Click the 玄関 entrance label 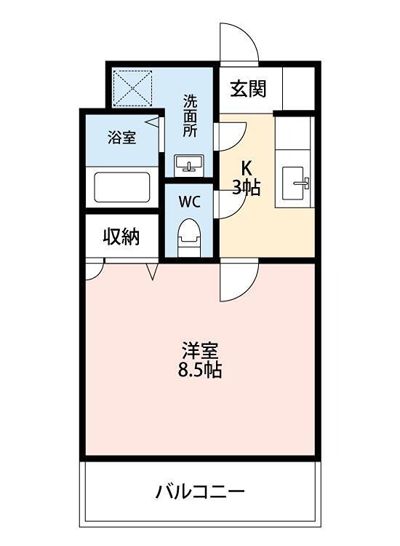point(248,89)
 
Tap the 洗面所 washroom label point(190,116)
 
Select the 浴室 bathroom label point(121,138)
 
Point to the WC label point(189,199)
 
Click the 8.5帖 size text point(199,370)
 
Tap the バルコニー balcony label point(200,491)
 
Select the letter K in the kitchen point(247,167)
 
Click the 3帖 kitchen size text point(247,186)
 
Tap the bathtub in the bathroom point(121,186)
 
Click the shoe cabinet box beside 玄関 point(297,89)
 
